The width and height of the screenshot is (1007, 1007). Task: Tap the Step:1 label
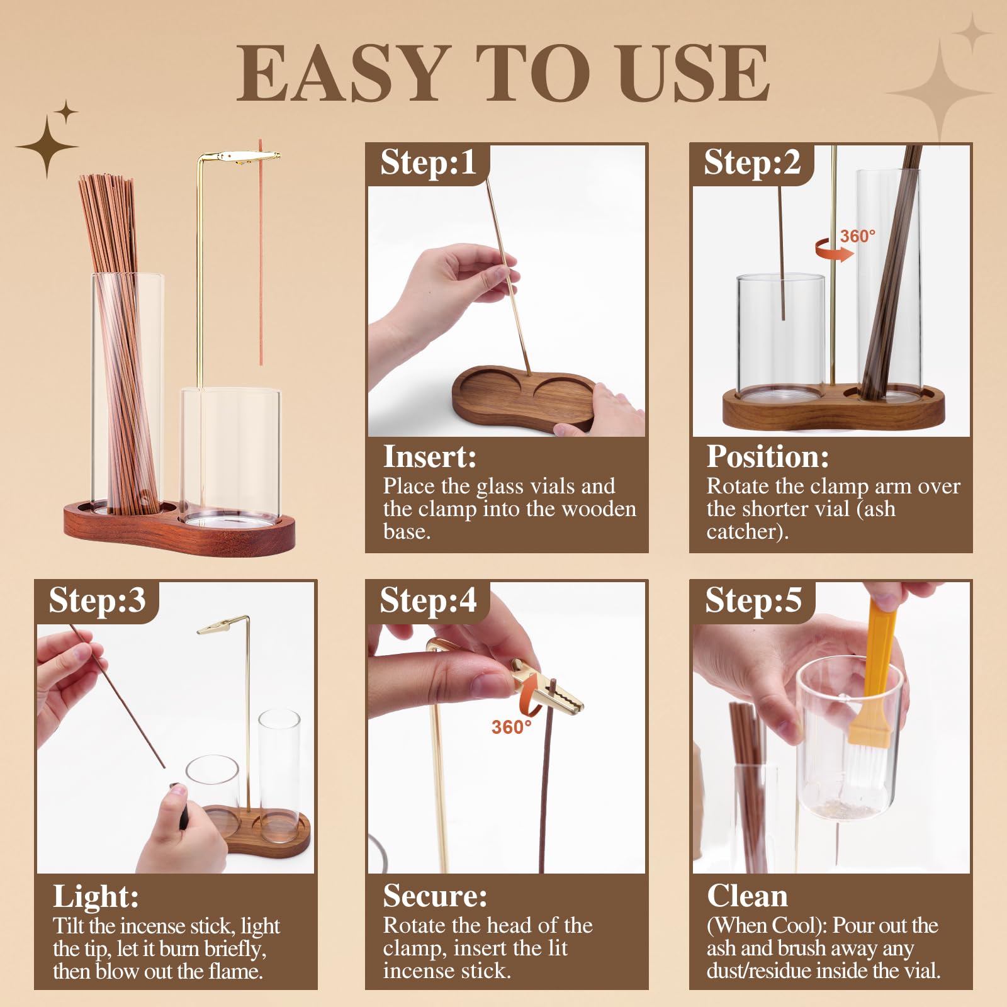coord(428,162)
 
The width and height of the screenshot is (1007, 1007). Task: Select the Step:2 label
coord(752,162)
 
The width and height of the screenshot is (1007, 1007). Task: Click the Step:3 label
coord(97,600)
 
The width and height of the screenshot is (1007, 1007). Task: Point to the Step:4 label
coord(428,600)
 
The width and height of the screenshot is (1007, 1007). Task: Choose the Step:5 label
coord(753,600)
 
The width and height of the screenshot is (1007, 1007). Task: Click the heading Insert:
coord(430,456)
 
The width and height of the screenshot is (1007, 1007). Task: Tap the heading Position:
coord(768,456)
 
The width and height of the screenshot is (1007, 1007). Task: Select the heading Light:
coord(96,896)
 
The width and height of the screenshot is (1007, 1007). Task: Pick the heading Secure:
coord(435,896)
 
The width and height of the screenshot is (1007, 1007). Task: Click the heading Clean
coord(747,896)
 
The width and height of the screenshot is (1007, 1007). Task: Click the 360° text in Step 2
coord(858,236)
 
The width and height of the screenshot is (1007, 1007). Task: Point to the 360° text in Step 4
coord(511,727)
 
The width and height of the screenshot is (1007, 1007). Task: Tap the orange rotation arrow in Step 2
coord(834,250)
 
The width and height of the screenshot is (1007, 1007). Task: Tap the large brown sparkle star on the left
coord(47,147)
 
